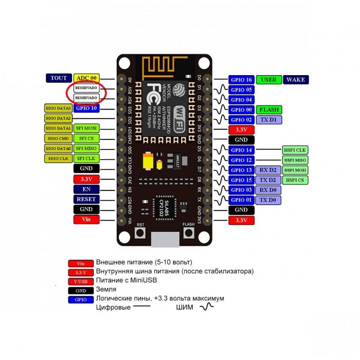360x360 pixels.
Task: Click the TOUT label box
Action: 58,78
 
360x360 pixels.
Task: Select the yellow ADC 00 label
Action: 87,78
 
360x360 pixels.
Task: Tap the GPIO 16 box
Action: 242,80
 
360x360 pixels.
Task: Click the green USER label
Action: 269,80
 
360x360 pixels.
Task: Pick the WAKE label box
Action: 295,80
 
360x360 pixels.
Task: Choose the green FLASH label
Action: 269,109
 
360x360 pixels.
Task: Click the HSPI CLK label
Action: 295,150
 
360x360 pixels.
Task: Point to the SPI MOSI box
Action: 85,128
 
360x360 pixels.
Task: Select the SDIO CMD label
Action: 58,138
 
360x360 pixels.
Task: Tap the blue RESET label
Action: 85,199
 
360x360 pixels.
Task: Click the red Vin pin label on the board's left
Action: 85,219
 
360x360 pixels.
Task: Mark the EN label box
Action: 85,189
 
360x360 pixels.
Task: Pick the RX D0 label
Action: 269,189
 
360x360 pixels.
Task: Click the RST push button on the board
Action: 140,233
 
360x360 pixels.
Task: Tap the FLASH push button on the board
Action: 188,233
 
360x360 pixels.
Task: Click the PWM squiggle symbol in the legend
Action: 207,307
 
